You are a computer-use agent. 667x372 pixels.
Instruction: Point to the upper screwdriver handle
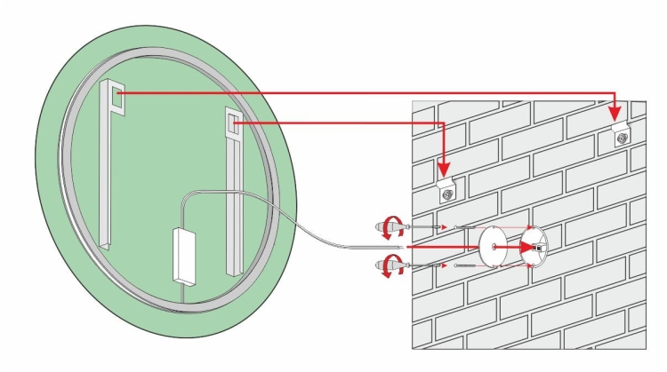pyautogui.click(x=388, y=227)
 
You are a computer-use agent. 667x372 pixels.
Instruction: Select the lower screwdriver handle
pyautogui.click(x=388, y=264)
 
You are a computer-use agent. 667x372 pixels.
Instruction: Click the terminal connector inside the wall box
pyautogui.click(x=536, y=247)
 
